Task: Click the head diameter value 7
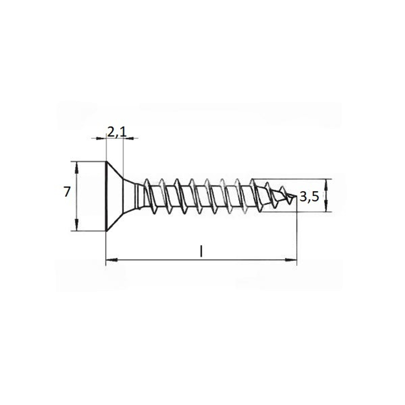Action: [67, 192]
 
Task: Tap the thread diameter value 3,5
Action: [309, 197]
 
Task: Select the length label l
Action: [201, 252]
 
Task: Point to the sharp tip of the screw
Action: [296, 196]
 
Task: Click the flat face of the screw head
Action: [106, 196]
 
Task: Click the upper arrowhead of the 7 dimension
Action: [76, 168]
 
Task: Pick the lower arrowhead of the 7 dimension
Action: [76, 225]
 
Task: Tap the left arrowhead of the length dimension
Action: [112, 260]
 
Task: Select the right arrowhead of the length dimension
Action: [291, 260]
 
